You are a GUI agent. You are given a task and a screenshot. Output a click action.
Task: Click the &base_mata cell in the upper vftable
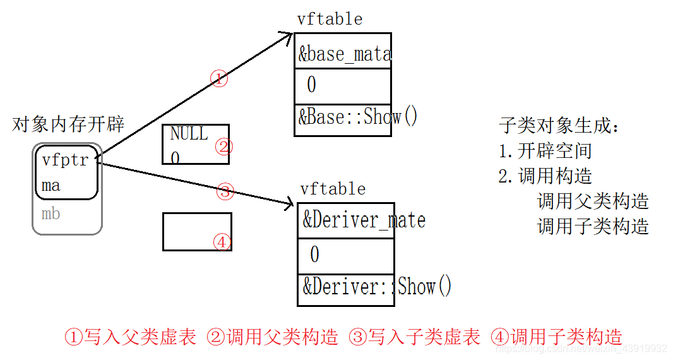tap(344, 54)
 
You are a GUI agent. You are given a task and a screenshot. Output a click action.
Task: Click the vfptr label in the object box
tap(65, 160)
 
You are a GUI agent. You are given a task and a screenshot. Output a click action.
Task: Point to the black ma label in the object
tap(51, 186)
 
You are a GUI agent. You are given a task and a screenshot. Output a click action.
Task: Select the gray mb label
tap(51, 213)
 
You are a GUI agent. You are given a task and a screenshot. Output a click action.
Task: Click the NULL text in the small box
tap(189, 134)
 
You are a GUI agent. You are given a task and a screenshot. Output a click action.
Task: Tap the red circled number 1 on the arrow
tap(218, 79)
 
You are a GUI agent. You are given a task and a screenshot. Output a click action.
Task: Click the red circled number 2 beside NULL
tap(223, 147)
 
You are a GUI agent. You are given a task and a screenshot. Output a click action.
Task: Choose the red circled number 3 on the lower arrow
tap(225, 191)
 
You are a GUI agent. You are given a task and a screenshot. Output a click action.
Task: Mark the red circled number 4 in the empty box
tap(222, 242)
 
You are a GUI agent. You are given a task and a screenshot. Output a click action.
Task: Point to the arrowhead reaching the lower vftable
tap(290, 204)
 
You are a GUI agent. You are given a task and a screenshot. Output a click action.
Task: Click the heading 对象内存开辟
tap(68, 124)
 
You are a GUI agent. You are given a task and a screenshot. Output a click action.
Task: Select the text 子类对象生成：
tap(559, 126)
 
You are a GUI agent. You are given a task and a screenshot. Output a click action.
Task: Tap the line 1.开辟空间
tap(545, 151)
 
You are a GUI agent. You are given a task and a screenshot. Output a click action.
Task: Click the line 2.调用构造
tap(545, 176)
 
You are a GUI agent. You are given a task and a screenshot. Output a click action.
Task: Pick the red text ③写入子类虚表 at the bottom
tap(415, 337)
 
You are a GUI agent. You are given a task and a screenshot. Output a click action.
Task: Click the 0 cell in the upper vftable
tap(311, 85)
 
